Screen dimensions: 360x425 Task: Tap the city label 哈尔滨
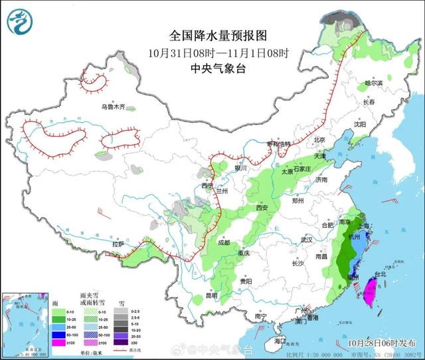[375, 84]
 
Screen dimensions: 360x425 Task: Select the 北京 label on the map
[320, 139]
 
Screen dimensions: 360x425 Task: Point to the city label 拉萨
[118, 244]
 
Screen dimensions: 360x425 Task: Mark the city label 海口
[280, 341]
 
